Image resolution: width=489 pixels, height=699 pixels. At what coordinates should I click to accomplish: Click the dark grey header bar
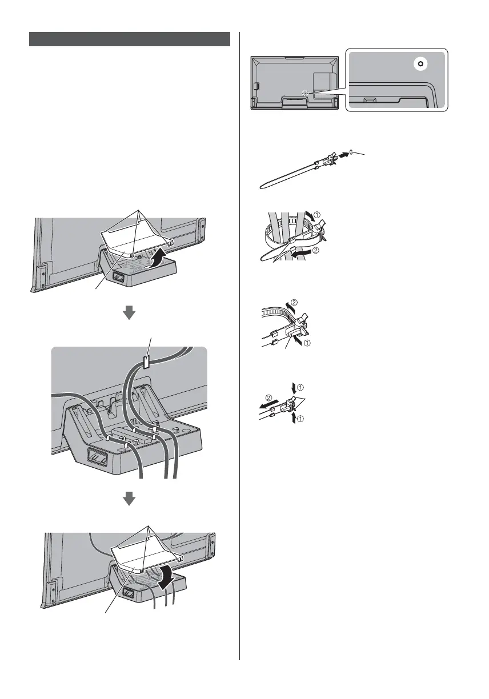(x=130, y=39)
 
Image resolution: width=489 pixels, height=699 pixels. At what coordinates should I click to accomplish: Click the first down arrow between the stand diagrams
(x=130, y=312)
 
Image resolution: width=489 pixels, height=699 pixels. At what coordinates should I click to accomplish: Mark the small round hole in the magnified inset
(x=420, y=64)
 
